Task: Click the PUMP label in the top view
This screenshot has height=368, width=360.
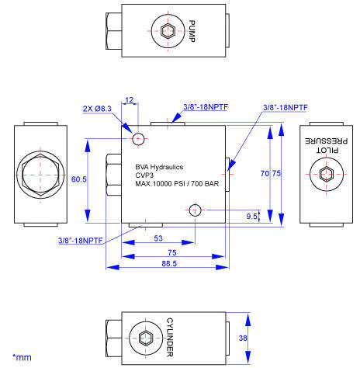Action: (x=192, y=31)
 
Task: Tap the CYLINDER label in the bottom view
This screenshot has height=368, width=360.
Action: (x=170, y=337)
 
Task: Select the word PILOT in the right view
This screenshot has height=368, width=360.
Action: (x=327, y=150)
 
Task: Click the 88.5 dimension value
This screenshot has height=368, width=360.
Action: (x=169, y=263)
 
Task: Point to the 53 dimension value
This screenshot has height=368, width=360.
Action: (x=158, y=238)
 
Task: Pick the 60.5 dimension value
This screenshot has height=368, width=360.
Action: (x=79, y=179)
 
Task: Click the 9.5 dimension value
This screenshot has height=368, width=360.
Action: (x=251, y=217)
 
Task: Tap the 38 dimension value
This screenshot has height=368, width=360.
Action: (x=243, y=338)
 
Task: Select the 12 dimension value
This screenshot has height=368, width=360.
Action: (x=130, y=99)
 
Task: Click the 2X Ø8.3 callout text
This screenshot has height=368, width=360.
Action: (x=97, y=109)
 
